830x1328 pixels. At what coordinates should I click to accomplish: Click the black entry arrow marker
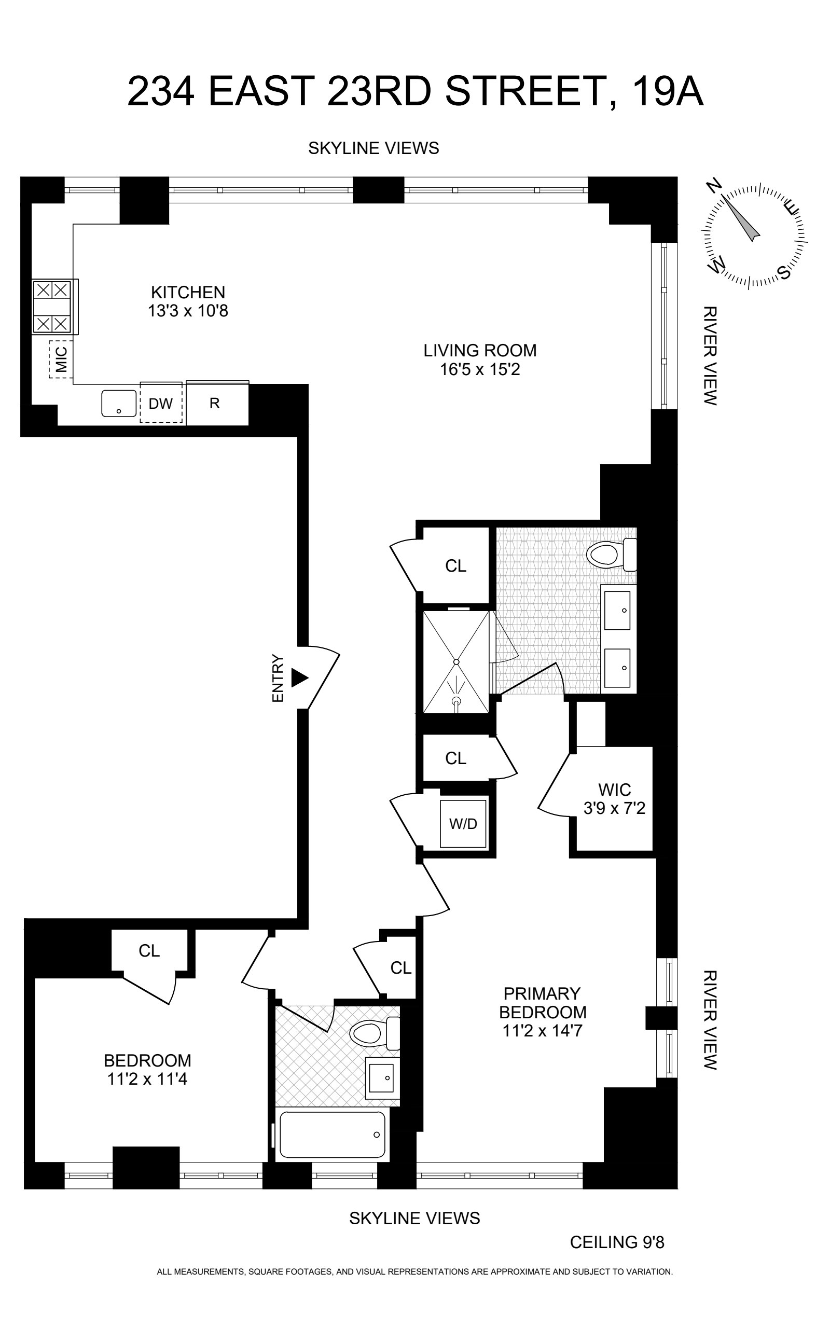click(299, 677)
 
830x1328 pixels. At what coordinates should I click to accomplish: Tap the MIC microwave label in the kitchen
click(61, 359)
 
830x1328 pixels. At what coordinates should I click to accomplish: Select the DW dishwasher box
click(160, 404)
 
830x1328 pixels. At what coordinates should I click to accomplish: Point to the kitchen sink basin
click(119, 404)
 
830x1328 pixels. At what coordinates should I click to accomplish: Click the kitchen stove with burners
click(53, 306)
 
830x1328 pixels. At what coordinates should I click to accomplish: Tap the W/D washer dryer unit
click(463, 823)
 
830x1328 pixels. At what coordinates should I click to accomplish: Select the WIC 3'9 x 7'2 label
click(614, 798)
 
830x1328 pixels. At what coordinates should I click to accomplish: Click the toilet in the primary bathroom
click(610, 554)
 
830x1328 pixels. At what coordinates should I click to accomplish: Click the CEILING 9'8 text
click(617, 1242)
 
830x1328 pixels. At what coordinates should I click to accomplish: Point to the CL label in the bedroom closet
click(149, 950)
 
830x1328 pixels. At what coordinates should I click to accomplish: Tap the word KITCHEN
click(188, 292)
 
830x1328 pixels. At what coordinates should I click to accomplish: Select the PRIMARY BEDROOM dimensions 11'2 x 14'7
click(542, 1030)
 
